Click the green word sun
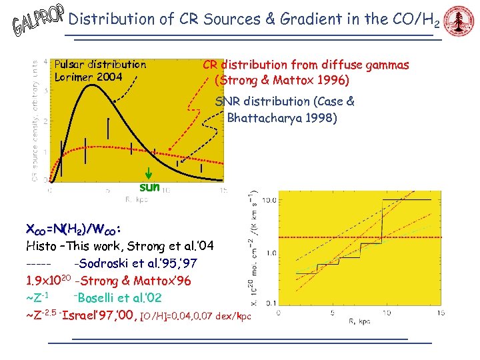(x=149, y=187)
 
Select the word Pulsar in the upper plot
(x=72, y=65)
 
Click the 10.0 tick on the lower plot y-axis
(x=269, y=199)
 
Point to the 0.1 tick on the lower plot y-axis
(x=269, y=303)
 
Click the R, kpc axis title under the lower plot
(x=359, y=322)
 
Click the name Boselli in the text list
(x=99, y=297)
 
